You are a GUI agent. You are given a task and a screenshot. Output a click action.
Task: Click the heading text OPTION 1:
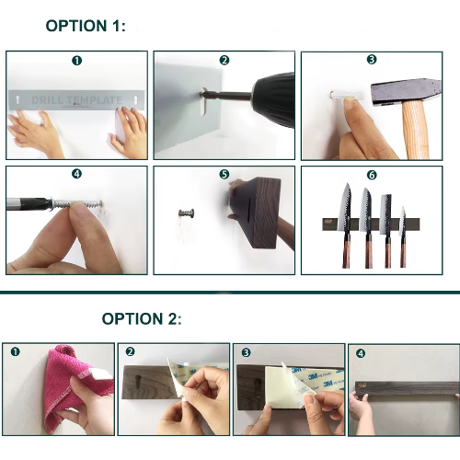coord(86,26)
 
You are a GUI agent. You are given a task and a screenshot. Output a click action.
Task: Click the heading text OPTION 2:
coord(142,319)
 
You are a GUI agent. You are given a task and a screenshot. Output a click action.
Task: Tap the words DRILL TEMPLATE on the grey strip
coord(77,100)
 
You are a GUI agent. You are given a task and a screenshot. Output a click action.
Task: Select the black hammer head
coord(406,92)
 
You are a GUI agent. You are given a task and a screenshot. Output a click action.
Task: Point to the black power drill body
coord(274,100)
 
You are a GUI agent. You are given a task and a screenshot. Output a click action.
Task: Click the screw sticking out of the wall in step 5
coord(186,213)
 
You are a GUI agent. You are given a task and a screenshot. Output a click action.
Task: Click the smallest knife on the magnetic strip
coord(403,236)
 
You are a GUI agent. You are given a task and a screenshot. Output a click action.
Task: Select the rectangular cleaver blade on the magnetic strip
coord(385,214)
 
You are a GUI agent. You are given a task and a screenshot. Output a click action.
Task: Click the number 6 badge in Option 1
coord(372,175)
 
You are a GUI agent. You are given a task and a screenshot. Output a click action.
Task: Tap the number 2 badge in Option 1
coord(224,60)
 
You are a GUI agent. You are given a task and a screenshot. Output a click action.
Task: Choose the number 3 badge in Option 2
coord(246,352)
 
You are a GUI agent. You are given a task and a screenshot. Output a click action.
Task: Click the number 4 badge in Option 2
coord(361,353)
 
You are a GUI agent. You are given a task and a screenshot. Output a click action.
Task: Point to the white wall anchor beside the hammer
coord(347,95)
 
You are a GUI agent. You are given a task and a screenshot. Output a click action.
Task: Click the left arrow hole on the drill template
coord(17,99)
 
